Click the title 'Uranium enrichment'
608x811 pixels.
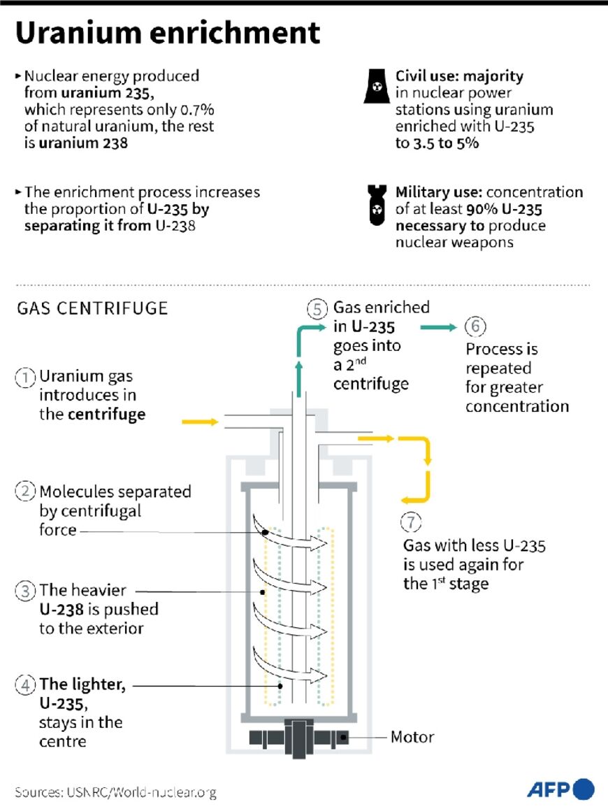168,33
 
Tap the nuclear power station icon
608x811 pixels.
377,86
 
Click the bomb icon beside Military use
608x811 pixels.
377,203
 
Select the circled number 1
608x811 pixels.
25,378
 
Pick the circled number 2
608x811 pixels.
25,491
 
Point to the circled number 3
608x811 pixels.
25,591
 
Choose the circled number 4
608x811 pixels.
25,685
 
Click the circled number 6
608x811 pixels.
475,326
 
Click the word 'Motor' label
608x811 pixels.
412,737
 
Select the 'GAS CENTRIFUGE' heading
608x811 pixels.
92,308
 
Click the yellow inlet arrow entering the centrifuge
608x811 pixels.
199,422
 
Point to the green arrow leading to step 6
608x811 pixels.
438,326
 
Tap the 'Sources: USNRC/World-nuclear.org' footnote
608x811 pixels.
115,793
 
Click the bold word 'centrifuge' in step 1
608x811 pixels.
106,414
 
